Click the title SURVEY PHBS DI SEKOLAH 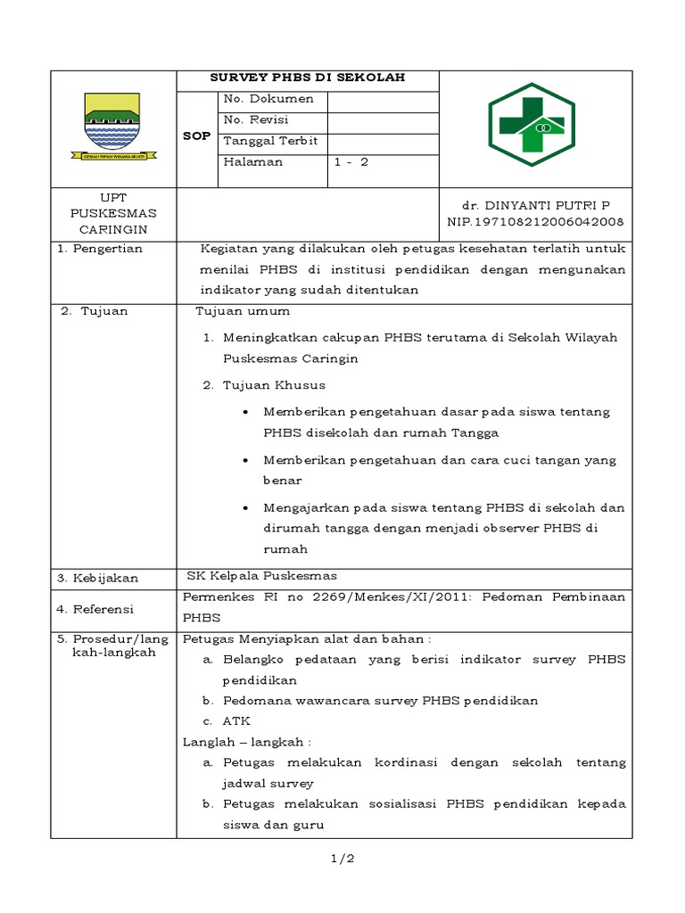[x=307, y=78]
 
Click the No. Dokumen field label [x=268, y=100]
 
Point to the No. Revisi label [x=256, y=120]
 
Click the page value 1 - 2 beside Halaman [x=351, y=162]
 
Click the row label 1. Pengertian [x=100, y=249]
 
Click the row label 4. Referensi [x=95, y=609]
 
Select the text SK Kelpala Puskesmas [x=261, y=575]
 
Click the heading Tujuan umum [x=243, y=311]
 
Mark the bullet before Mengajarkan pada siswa [x=245, y=507]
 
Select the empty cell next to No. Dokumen [x=383, y=100]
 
